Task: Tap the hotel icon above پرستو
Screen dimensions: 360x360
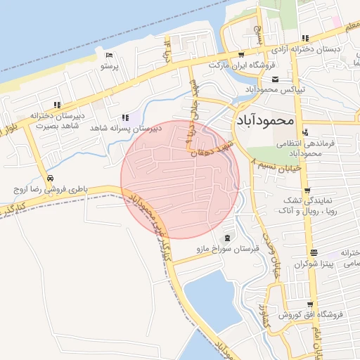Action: (108, 56)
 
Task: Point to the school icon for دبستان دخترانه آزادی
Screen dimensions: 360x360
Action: (304, 39)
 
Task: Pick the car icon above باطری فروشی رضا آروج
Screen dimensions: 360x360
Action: (51, 178)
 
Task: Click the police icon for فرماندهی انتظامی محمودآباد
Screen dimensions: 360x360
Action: (304, 132)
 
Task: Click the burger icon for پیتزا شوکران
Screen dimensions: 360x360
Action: (312, 252)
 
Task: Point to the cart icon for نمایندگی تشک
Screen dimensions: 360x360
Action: (308, 190)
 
